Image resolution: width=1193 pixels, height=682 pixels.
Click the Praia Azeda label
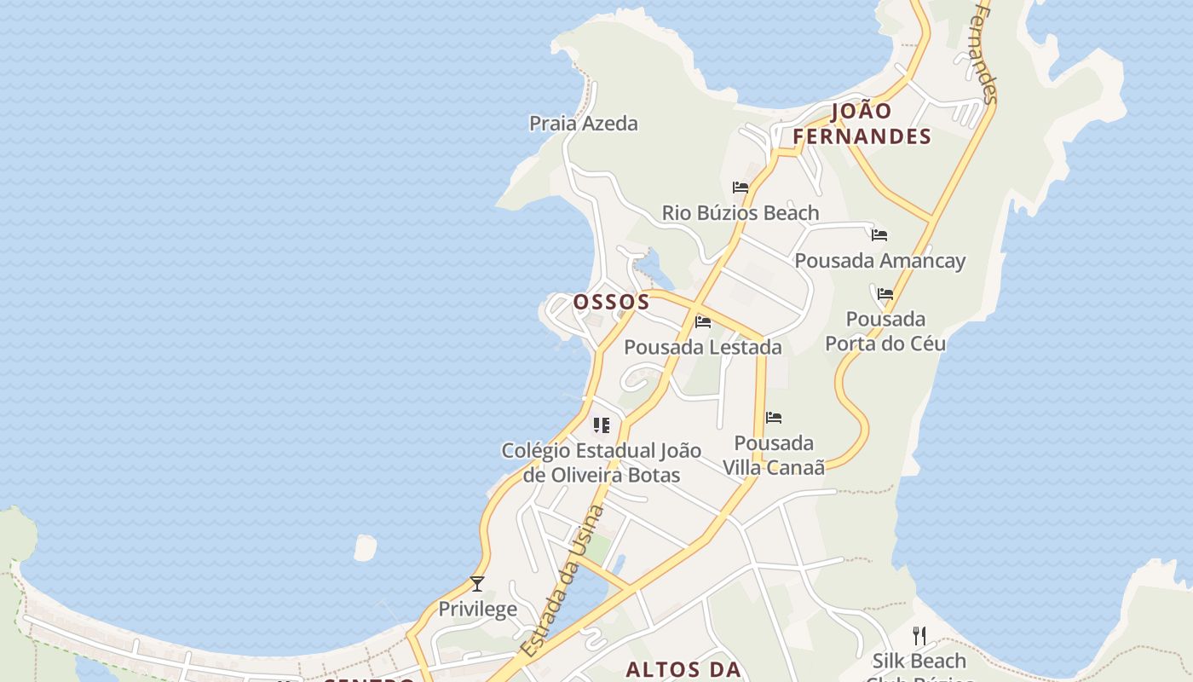(x=583, y=124)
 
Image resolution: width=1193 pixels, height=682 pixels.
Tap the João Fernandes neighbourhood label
(x=862, y=124)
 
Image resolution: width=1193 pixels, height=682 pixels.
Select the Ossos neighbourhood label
(x=611, y=302)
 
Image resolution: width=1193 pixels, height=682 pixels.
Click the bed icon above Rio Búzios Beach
(x=741, y=188)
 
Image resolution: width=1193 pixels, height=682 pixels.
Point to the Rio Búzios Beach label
(x=740, y=212)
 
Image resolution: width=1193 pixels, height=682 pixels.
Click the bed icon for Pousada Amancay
(x=879, y=235)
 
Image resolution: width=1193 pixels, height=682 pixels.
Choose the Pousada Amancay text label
(x=879, y=260)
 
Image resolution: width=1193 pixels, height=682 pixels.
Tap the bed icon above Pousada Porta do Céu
(x=885, y=294)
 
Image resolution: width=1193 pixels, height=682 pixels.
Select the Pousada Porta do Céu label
(x=885, y=331)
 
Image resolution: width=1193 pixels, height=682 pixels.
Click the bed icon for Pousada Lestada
(x=703, y=322)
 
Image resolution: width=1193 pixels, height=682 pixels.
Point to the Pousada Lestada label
(x=703, y=347)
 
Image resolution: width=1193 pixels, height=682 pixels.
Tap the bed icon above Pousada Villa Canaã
(x=774, y=418)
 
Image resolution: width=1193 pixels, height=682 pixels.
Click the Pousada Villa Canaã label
(x=774, y=455)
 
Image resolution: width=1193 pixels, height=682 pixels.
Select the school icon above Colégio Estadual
(x=602, y=425)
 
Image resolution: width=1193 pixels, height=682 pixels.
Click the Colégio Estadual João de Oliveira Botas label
(x=601, y=462)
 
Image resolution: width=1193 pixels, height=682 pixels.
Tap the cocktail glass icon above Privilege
(x=477, y=584)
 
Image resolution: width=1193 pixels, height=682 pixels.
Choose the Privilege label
(x=477, y=609)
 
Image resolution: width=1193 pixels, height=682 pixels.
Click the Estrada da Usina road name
(x=561, y=581)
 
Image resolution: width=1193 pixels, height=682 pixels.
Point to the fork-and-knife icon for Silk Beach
(x=919, y=636)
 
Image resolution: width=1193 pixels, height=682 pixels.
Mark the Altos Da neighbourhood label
(x=683, y=669)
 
